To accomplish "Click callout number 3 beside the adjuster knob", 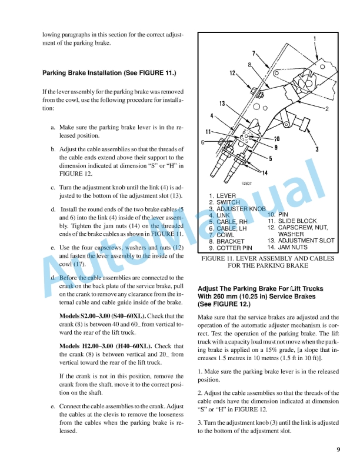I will click(316, 149).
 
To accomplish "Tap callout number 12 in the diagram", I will click(233, 73).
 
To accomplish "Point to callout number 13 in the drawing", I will click(223, 104).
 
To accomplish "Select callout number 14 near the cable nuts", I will click(266, 172).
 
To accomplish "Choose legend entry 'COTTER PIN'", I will click(236, 248).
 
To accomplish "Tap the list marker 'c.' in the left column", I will click(54, 188).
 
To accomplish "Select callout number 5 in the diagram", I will click(270, 158).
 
